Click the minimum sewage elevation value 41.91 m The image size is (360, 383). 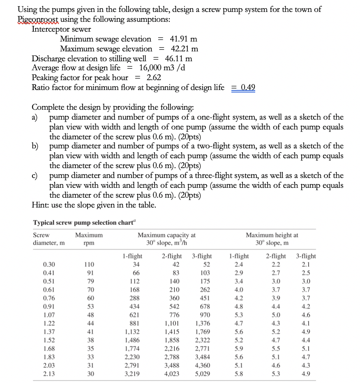(183, 39)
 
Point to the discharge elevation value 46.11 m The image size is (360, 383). (178, 58)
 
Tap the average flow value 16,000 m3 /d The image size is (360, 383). (162, 67)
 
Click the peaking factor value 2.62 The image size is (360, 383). (154, 77)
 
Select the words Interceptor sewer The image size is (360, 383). (61, 29)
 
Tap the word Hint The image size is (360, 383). (40, 205)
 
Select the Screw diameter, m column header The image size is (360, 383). (48, 239)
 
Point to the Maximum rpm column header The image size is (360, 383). (89, 239)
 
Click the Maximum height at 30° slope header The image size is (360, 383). (272, 239)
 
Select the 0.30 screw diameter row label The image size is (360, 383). (48, 264)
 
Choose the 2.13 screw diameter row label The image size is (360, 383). (48, 374)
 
